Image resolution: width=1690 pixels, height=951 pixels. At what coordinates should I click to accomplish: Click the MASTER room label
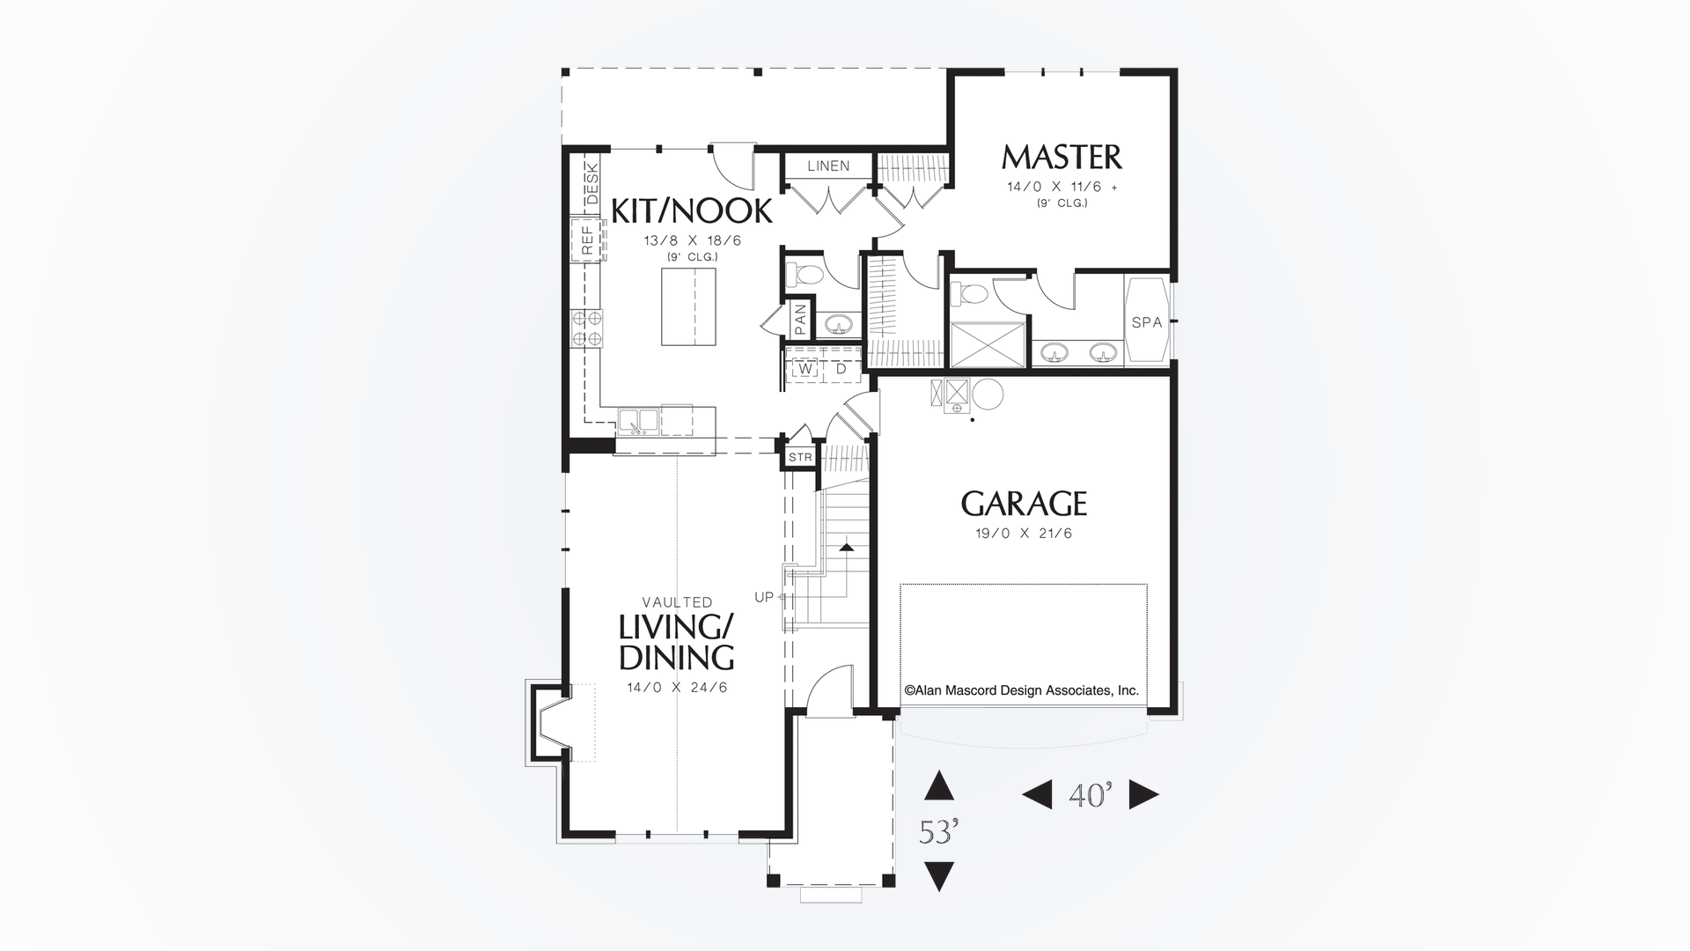pos(1062,158)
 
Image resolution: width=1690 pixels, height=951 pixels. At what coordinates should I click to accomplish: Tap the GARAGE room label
pos(1024,505)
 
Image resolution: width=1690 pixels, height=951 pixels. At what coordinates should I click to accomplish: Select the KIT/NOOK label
pos(692,211)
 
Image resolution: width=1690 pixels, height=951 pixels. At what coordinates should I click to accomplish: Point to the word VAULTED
pos(677,602)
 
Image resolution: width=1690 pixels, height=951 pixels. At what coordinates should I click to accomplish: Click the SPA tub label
pos(1147,322)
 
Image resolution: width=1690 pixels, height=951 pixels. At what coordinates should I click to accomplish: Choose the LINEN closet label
pos(828,166)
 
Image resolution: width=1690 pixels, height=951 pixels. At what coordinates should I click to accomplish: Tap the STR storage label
pos(800,457)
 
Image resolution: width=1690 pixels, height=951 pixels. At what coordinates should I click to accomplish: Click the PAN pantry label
pos(800,319)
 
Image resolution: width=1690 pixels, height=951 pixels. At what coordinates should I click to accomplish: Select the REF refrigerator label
pos(586,240)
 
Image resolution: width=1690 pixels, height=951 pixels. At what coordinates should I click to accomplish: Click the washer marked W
pos(805,369)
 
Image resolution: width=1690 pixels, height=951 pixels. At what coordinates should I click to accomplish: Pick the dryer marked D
pos(841,369)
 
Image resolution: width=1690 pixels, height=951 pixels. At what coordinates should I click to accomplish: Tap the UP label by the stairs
pos(763,597)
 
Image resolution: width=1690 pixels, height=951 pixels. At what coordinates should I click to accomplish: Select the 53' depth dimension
pos(938,831)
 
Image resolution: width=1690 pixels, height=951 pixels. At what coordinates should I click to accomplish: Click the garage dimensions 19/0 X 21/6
pos(1024,534)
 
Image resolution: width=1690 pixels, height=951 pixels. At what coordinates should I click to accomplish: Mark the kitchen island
pos(688,307)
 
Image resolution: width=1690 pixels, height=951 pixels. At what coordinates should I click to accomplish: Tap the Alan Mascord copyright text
pos(1022,690)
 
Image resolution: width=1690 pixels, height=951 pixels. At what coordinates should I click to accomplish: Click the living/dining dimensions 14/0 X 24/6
pos(677,688)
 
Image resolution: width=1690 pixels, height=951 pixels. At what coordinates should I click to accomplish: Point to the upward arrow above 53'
pos(939,785)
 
